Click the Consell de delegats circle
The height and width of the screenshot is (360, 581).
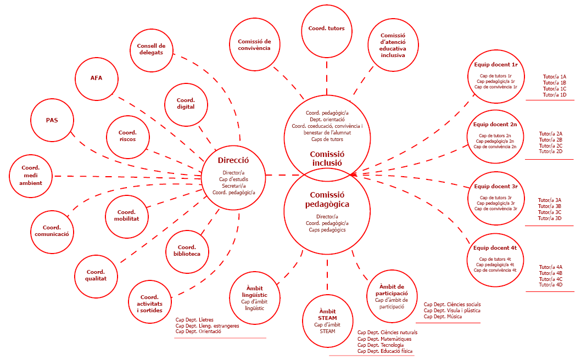click(x=151, y=49)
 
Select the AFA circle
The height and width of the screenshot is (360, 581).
click(x=96, y=77)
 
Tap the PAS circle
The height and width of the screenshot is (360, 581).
click(x=52, y=120)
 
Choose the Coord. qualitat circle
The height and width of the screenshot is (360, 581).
click(x=96, y=275)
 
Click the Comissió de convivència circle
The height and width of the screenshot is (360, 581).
click(x=254, y=44)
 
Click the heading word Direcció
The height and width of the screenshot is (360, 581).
click(x=233, y=161)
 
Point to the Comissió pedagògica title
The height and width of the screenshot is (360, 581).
click(x=327, y=200)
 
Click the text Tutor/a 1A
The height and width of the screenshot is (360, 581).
click(x=555, y=77)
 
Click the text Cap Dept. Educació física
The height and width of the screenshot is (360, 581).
click(x=385, y=351)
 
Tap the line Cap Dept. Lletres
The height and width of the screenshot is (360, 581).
click(x=194, y=320)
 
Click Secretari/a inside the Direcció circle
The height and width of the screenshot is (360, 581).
click(x=233, y=185)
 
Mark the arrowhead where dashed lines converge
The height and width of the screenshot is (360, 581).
click(x=352, y=175)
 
